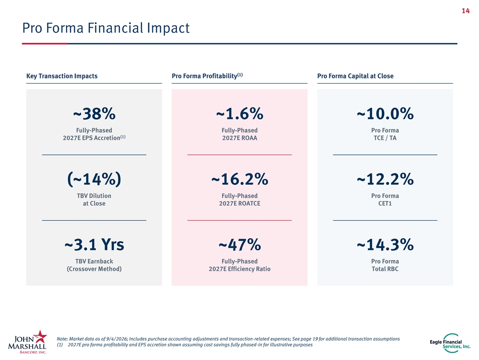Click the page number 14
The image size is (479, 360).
coord(465,11)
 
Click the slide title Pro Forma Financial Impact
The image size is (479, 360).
coord(106,28)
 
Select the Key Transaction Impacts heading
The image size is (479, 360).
coord(62,76)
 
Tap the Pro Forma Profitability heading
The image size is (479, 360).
coord(207,75)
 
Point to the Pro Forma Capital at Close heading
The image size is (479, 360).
coord(355,76)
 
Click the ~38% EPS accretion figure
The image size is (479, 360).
coord(94,114)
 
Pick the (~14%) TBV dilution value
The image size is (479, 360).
coord(94,179)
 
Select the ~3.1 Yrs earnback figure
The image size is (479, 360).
coord(94,245)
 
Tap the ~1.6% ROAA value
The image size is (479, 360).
coord(239,114)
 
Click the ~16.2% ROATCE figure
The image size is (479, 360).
coord(239,179)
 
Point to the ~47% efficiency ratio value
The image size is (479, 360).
coord(239,245)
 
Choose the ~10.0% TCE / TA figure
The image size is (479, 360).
coord(385,114)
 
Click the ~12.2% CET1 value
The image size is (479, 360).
coord(385,179)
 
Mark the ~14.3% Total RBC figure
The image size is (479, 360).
coord(385,245)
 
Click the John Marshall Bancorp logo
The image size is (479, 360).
coord(28,342)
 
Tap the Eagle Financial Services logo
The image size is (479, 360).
coord(450,343)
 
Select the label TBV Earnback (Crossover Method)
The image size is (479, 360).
coord(94,265)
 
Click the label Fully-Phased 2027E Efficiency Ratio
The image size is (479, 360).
coord(239,265)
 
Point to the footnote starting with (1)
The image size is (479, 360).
coord(185,345)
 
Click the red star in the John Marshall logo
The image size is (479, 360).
coord(40,336)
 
